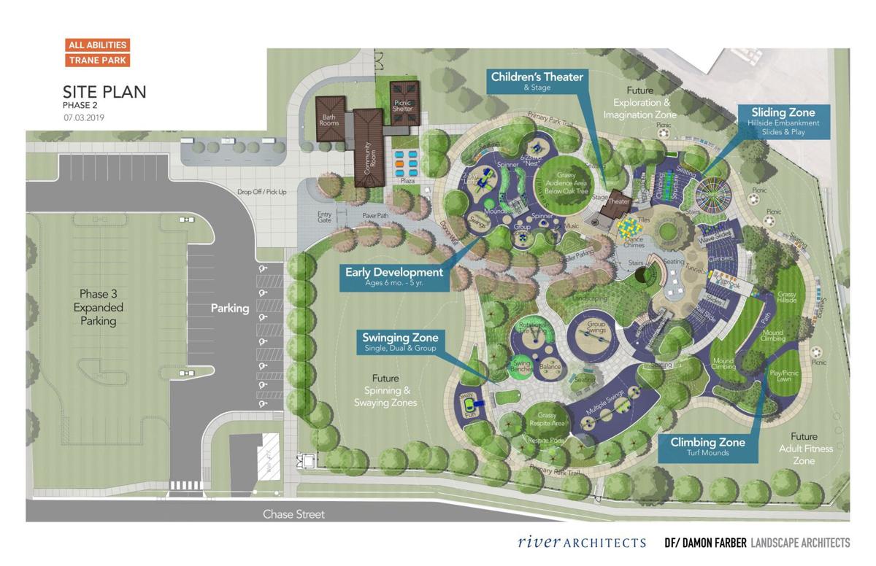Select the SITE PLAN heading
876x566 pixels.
coord(104,92)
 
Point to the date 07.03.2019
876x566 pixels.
coord(83,117)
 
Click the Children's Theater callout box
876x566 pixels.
coord(537,81)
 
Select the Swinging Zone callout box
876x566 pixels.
coord(400,342)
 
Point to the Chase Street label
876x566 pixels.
coord(293,514)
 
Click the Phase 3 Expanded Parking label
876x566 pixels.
coord(99,307)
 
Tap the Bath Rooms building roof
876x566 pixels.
coord(329,118)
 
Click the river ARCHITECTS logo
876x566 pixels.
coord(582,542)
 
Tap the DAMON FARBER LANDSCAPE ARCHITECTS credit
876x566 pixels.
coord(756,543)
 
